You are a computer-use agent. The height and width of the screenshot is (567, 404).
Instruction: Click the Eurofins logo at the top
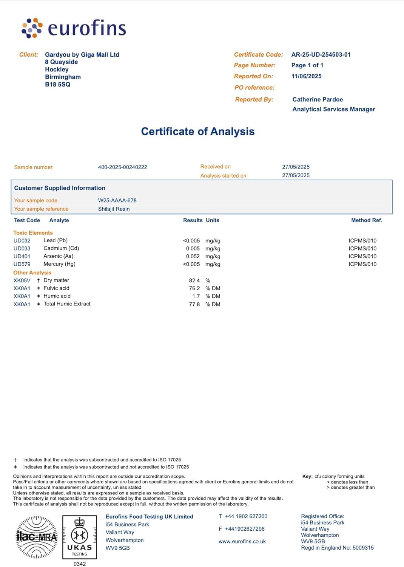(x=74, y=28)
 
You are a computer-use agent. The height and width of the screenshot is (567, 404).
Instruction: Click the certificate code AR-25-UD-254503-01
(x=321, y=54)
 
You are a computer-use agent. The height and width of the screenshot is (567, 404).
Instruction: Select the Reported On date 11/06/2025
(x=306, y=76)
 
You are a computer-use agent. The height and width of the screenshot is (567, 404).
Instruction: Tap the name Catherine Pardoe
(x=318, y=99)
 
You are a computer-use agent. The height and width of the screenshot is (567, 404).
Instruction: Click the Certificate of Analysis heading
(x=197, y=131)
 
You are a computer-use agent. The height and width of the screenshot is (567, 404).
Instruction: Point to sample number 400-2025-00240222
(x=122, y=167)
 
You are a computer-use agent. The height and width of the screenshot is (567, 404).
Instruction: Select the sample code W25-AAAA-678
(x=117, y=200)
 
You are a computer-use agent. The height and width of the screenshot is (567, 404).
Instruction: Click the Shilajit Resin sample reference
(x=114, y=209)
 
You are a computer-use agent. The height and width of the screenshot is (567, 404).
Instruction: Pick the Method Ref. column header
(x=367, y=220)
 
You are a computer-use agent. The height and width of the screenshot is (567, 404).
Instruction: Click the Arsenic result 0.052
(x=193, y=256)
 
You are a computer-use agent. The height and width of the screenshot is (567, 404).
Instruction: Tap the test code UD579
(x=22, y=264)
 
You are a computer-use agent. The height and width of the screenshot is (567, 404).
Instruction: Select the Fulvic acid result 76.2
(x=194, y=288)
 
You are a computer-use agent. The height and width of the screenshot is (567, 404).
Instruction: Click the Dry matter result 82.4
(x=194, y=280)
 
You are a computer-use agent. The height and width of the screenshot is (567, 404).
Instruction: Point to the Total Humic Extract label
(x=67, y=304)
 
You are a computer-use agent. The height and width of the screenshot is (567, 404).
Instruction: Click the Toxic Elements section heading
(x=33, y=233)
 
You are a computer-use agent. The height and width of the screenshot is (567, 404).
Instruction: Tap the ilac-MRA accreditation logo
(x=37, y=537)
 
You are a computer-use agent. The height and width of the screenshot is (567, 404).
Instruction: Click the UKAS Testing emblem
(x=79, y=537)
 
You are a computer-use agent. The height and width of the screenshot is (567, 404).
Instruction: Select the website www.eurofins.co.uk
(x=242, y=541)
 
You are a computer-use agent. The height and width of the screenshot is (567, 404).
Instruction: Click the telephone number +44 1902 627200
(x=246, y=516)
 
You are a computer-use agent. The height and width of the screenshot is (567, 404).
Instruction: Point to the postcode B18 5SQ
(x=57, y=84)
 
